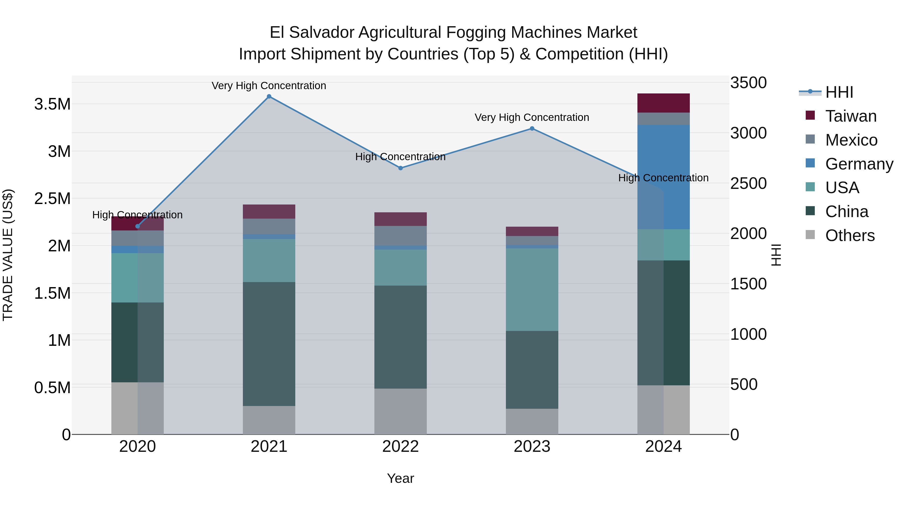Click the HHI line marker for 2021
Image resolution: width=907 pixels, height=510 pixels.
pos(269,96)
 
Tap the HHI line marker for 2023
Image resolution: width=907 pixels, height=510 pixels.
pos(532,128)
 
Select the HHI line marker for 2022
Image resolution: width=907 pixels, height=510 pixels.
pos(400,168)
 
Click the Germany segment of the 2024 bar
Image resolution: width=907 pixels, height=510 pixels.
pos(663,176)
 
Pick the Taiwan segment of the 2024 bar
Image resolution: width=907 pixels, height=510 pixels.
pos(663,103)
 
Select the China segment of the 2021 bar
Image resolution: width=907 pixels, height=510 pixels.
pos(269,344)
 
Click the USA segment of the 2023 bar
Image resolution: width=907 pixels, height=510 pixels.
pos(532,289)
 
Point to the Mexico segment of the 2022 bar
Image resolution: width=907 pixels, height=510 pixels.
pos(400,235)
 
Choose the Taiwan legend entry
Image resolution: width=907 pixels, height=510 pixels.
pos(850,116)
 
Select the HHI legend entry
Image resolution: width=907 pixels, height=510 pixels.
pos(839,92)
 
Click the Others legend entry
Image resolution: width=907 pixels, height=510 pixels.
pos(849,235)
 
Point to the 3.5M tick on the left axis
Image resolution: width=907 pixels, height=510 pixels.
pos(52,104)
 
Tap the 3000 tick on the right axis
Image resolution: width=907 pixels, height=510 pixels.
pos(748,133)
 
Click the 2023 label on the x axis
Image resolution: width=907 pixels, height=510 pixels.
pos(532,446)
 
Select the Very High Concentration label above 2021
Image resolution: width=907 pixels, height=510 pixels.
pos(269,86)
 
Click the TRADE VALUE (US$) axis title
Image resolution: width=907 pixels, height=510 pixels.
pos(8,255)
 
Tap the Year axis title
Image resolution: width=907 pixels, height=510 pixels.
pos(400,478)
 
